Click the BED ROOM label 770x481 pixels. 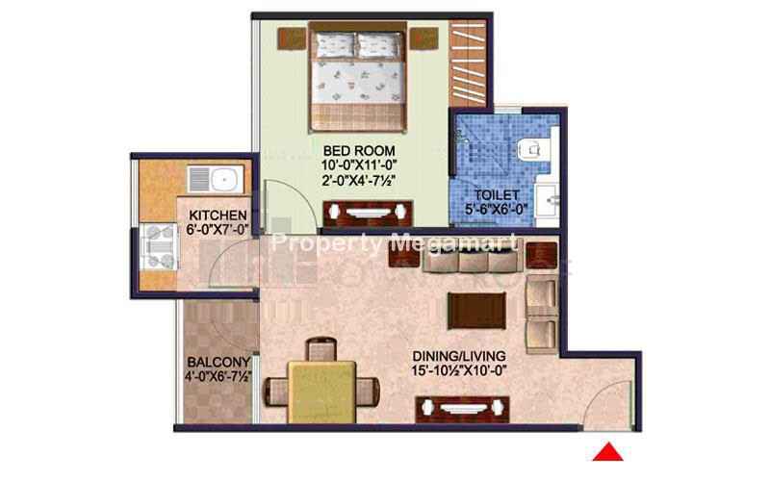359,150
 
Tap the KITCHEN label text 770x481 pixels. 218,215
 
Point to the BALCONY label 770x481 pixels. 218,363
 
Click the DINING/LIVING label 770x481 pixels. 459,356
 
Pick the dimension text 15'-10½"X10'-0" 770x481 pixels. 459,370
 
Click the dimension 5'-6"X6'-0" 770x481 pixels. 497,209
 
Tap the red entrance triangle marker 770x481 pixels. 608,452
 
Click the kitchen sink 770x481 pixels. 215,179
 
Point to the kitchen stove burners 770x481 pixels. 159,246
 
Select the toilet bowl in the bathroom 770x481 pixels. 530,149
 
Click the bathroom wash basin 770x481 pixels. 547,200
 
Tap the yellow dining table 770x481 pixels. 321,392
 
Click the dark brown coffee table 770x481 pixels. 476,311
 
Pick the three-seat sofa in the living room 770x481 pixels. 471,259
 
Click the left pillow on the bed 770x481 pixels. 334,45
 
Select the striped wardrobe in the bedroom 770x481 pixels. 468,63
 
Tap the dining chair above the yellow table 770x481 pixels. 321,349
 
